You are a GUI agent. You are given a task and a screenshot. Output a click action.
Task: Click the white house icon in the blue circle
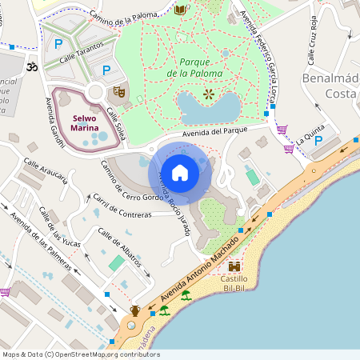point(180,172)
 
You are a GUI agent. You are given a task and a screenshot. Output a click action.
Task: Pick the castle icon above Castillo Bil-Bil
point(234,266)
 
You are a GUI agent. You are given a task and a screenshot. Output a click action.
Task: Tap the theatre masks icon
point(118,92)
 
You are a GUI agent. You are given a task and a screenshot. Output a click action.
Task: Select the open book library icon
point(180,10)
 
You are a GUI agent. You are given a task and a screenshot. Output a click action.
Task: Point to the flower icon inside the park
point(209,94)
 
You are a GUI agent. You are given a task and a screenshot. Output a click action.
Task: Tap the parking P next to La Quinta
point(318,140)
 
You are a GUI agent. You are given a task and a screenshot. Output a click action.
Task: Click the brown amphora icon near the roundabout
point(135,310)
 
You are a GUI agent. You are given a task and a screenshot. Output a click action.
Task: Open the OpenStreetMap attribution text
point(70,354)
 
